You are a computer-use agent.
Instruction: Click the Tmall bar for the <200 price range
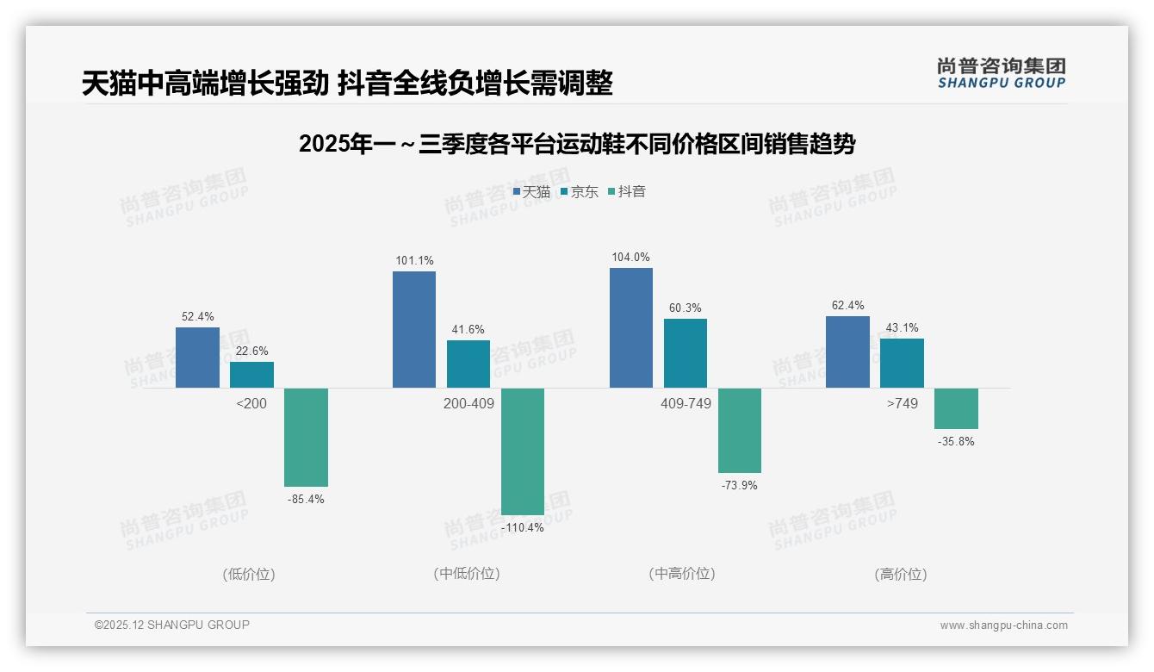click(x=197, y=358)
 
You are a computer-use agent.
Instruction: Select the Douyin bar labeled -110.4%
click(x=523, y=451)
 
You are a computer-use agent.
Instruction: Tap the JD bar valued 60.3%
click(x=686, y=353)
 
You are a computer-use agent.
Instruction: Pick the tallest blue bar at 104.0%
click(x=631, y=327)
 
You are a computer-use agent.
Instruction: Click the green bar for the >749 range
click(x=956, y=408)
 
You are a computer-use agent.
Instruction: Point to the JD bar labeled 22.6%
click(x=251, y=375)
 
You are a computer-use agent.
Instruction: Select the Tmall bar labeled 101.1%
click(x=414, y=329)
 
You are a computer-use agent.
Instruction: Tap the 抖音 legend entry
click(x=627, y=191)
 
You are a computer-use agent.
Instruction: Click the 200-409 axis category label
click(x=468, y=403)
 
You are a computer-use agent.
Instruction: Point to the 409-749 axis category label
click(x=686, y=403)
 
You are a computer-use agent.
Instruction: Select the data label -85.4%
click(x=306, y=500)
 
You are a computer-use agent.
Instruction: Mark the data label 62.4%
click(x=848, y=306)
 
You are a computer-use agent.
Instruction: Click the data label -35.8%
click(x=956, y=442)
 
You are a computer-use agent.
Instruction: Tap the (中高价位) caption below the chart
click(x=682, y=574)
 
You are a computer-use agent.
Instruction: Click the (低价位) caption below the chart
click(x=249, y=574)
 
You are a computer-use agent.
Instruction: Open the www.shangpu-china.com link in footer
click(x=1003, y=625)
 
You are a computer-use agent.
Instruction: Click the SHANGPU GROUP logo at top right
click(x=1002, y=72)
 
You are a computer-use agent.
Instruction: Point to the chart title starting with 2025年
click(x=577, y=145)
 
